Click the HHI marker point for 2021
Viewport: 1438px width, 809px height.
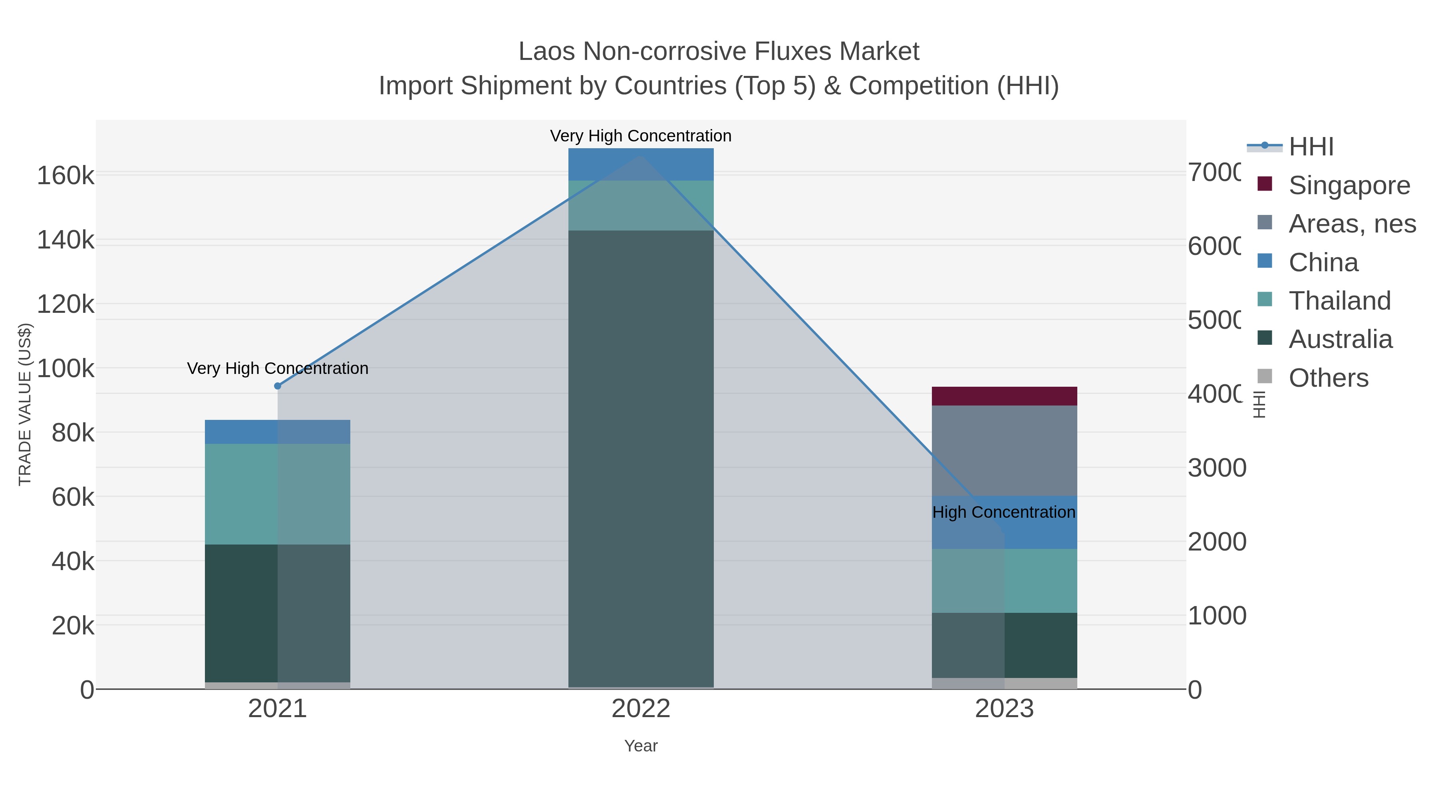[x=278, y=386]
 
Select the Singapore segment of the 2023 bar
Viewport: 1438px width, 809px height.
[x=1004, y=396]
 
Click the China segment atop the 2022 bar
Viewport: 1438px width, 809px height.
[x=640, y=164]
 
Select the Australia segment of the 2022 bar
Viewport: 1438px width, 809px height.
[x=640, y=458]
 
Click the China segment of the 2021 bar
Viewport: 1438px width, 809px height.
[x=278, y=431]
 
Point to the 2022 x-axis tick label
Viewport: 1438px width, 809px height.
[x=640, y=709]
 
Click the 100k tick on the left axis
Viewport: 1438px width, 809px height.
[x=66, y=368]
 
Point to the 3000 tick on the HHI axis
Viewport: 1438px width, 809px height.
[x=1216, y=468]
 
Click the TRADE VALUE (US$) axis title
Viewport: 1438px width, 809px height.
[x=25, y=404]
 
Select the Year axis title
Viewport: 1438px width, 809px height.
[x=640, y=746]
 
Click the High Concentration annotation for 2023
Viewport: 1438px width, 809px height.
[x=1003, y=512]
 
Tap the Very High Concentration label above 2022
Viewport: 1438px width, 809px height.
[x=640, y=136]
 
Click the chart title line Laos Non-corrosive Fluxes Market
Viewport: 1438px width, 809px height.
[x=719, y=52]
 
